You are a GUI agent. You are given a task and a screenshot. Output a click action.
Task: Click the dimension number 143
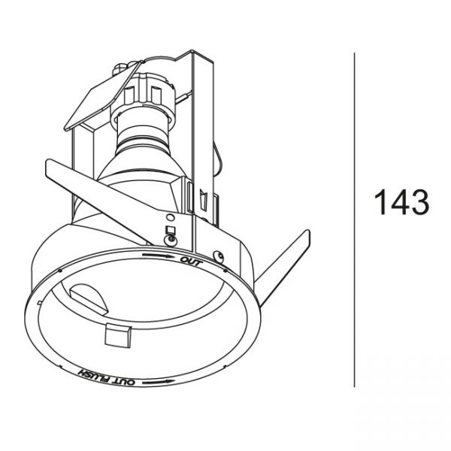401,202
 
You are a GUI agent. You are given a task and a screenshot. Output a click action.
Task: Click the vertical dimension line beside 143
354,219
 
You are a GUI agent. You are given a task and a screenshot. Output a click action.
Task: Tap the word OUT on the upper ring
191,262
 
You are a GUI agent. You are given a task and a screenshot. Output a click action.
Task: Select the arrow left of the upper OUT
159,255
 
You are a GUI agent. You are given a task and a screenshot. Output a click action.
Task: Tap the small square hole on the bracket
171,229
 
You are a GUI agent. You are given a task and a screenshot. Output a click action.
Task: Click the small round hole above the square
171,218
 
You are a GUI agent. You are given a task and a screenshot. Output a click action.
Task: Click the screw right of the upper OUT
219,256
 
